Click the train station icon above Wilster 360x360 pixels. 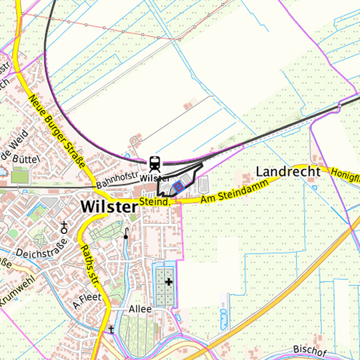click(155, 163)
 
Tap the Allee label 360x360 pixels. click(141, 310)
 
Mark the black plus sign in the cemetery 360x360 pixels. click(169, 282)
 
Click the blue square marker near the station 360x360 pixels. click(178, 187)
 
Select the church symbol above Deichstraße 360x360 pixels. click(63, 225)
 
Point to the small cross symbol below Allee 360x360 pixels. click(112, 329)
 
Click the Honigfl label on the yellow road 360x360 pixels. click(345, 175)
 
